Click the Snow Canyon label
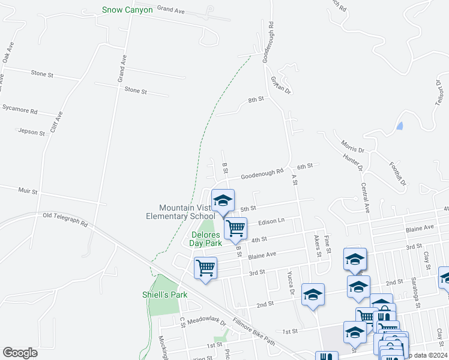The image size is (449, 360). tap(128, 10)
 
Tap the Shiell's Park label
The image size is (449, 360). tap(164, 295)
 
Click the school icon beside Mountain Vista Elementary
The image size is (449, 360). tap(223, 201)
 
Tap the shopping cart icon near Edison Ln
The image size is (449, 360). tap(235, 228)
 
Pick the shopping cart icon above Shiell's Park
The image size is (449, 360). tap(205, 267)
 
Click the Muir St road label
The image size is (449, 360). tap(27, 192)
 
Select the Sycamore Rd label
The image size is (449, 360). tap(20, 111)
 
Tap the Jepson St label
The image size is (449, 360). tap(31, 131)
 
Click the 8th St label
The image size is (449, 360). tap(256, 99)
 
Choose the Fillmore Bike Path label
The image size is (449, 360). tap(253, 331)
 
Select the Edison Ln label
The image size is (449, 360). tap(271, 221)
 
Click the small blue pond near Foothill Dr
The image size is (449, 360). tap(400, 126)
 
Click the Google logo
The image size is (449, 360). tap(20, 353)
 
